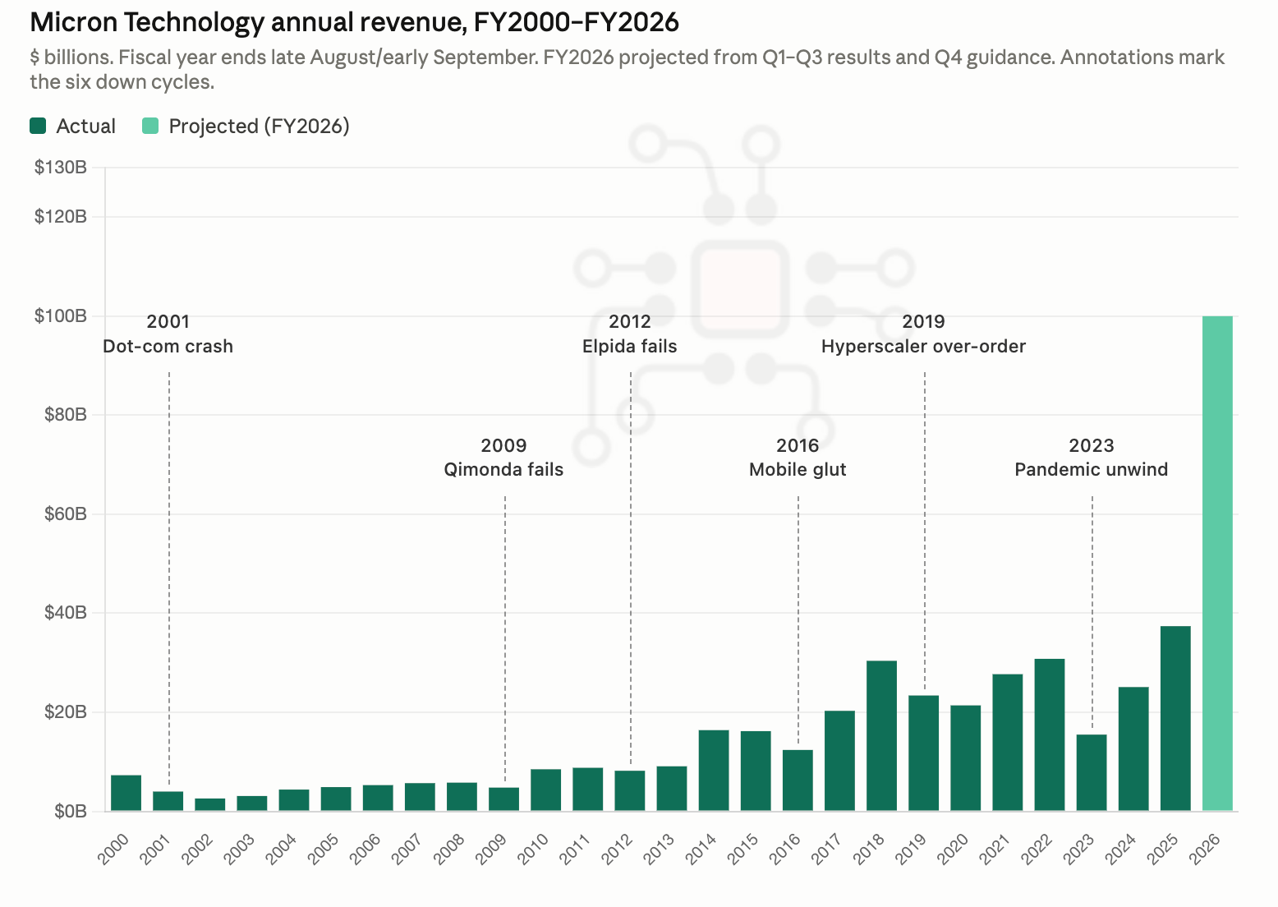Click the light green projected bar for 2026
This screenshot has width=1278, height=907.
coord(1217,564)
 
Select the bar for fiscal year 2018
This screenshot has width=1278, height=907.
coord(881,736)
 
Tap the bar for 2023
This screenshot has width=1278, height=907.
coord(1092,773)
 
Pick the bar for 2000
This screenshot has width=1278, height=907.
coord(126,793)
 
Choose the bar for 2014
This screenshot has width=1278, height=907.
coord(714,771)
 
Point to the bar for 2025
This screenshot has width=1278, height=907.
coord(1175,719)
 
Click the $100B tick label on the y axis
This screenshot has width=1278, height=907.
coord(61,315)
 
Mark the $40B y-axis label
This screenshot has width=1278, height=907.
coord(66,612)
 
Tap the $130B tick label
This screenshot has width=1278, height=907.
coord(61,168)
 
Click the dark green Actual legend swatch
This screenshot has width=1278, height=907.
coord(38,126)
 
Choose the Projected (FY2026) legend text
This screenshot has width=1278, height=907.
coord(259,127)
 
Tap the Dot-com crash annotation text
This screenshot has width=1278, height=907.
coord(168,346)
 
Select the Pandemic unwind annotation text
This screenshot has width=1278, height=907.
coord(1092,469)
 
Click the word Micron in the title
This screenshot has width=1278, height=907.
coord(73,23)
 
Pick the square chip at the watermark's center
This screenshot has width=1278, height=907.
coord(740,289)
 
